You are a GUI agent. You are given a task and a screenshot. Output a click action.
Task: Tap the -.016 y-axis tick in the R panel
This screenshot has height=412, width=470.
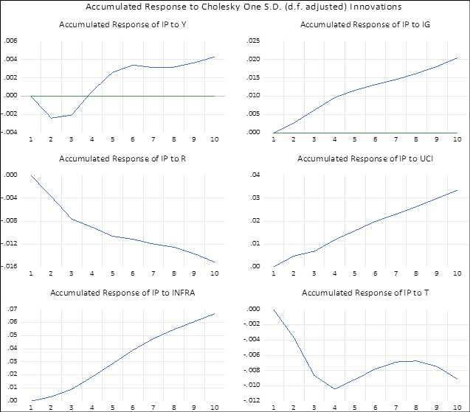pyautogui.click(x=10, y=267)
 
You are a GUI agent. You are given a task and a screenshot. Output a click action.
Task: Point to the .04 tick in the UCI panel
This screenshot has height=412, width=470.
pyautogui.click(x=257, y=175)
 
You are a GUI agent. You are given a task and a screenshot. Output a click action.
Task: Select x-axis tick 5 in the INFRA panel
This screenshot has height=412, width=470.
pyautogui.click(x=113, y=407)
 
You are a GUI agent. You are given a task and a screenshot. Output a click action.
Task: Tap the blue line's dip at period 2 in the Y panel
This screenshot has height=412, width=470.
pyautogui.click(x=51, y=118)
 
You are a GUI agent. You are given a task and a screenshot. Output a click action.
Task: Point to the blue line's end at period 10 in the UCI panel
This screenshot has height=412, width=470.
pyautogui.click(x=457, y=190)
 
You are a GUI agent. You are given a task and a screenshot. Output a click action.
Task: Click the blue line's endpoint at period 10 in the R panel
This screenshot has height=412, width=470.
pyautogui.click(x=215, y=262)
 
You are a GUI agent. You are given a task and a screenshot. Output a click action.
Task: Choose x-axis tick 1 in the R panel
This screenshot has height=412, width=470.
pyautogui.click(x=31, y=273)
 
